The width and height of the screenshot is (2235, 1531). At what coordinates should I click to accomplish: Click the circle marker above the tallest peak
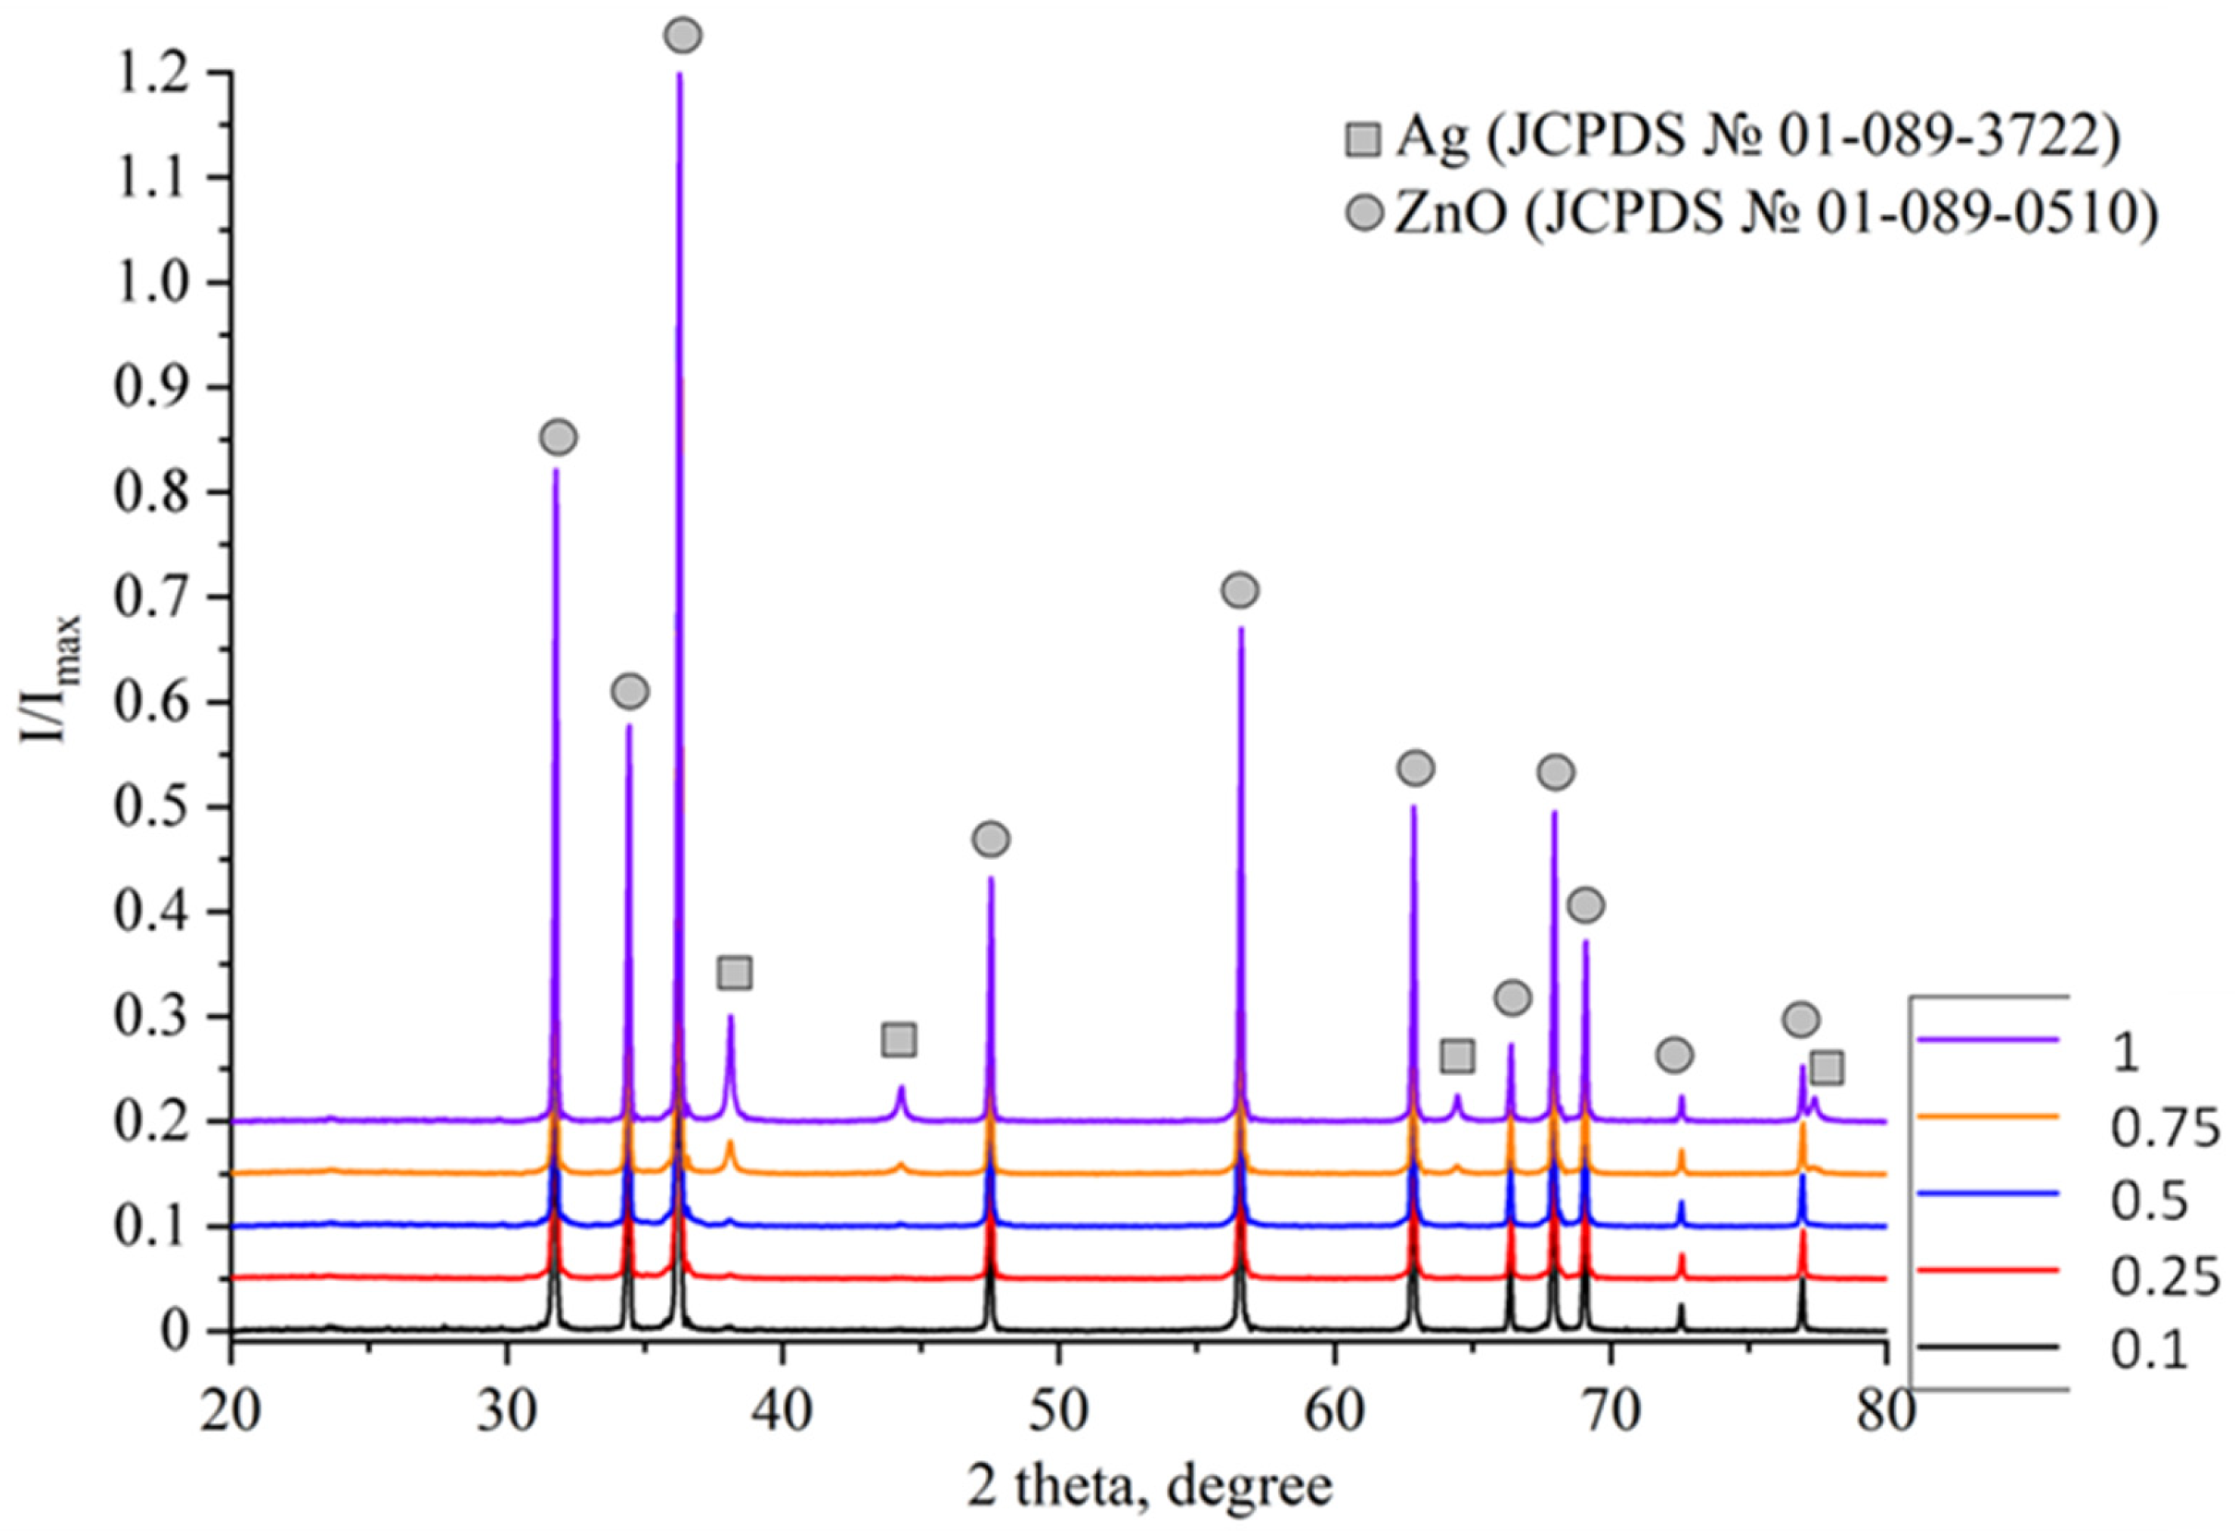(683, 36)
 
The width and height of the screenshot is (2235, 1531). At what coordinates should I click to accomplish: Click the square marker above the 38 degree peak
(735, 973)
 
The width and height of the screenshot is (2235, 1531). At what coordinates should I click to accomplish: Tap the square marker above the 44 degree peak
(898, 1040)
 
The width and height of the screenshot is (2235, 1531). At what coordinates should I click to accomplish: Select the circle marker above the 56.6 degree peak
(1240, 590)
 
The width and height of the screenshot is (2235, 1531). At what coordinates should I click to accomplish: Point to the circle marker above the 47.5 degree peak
(991, 840)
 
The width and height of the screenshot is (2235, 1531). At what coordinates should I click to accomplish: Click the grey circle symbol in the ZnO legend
(1363, 215)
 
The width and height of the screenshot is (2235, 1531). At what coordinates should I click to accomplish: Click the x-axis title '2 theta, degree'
(1149, 1486)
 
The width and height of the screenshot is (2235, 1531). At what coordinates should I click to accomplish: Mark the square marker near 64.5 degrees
(1458, 1056)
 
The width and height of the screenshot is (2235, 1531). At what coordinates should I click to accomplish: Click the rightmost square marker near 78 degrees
(1826, 1068)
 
